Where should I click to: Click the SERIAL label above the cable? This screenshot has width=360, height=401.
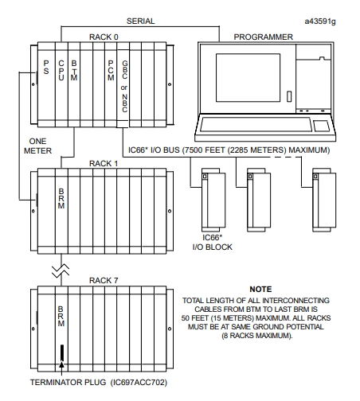(140, 21)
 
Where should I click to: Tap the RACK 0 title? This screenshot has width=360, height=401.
(104, 37)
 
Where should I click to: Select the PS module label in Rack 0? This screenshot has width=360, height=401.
(46, 67)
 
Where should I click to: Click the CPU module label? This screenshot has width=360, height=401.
(61, 70)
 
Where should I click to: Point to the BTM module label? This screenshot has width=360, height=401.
(74, 70)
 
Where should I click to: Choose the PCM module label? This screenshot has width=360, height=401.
(111, 70)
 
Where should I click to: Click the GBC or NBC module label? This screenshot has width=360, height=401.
(124, 87)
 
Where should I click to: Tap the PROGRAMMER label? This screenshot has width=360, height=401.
(264, 37)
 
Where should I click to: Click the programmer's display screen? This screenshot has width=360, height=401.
(248, 78)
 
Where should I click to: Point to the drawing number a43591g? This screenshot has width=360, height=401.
(320, 21)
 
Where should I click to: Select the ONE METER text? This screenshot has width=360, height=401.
(37, 146)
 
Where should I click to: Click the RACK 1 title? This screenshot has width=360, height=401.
(104, 163)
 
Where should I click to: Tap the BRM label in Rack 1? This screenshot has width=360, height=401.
(61, 198)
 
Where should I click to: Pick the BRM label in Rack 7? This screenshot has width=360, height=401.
(61, 316)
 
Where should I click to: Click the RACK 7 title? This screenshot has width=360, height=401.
(104, 280)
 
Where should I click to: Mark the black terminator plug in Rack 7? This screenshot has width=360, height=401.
(62, 352)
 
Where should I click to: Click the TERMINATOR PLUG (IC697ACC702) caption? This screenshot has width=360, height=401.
(99, 382)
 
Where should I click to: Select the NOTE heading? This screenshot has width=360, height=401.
(260, 289)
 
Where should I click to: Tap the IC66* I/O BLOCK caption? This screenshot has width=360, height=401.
(213, 242)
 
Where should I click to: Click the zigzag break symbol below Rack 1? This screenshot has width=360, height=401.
(61, 271)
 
